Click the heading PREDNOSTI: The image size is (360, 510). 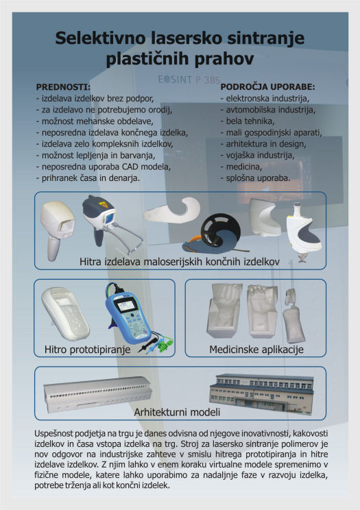point(63,87)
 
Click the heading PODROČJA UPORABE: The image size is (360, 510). point(268,87)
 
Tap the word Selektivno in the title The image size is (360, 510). point(100,38)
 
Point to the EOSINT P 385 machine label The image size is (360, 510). point(189,79)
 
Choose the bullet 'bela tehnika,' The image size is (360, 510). point(248,121)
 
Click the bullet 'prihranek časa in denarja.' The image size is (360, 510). point(88,178)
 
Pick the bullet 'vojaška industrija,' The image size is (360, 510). point(257,156)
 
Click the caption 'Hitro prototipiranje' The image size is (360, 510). point(88,350)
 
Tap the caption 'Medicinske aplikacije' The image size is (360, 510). point(256,350)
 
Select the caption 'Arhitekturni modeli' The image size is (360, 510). point(177,412)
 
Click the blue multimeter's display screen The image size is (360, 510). point(127,306)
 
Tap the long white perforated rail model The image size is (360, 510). point(97,395)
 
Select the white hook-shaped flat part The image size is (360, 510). point(173,210)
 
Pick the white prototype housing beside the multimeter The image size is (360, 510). point(65,314)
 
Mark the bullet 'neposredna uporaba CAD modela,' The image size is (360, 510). point(104,167)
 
